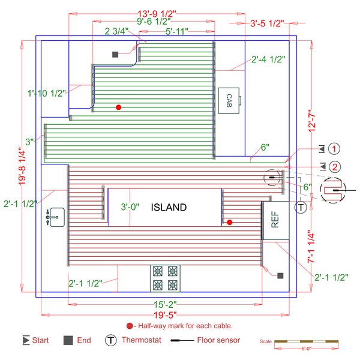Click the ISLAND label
[x=169, y=208]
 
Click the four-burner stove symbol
[x=165, y=278]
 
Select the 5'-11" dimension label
[x=178, y=30]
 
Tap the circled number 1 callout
[x=335, y=149]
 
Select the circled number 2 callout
[x=335, y=167]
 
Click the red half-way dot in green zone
[x=119, y=107]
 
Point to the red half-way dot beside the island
[x=229, y=222]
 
